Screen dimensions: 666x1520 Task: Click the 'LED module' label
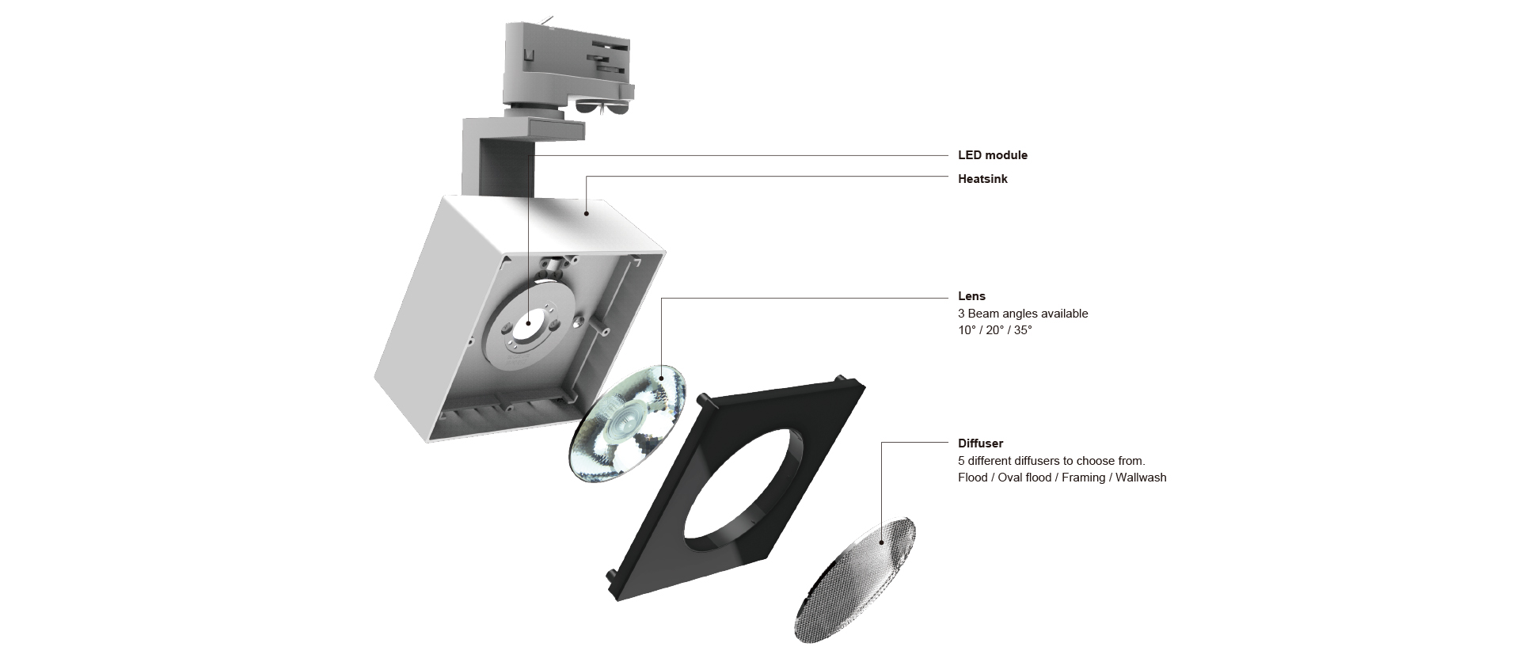[992, 155]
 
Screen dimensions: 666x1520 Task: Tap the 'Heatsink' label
[982, 179]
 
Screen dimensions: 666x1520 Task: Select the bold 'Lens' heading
[971, 296]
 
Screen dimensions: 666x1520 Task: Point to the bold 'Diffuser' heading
[980, 443]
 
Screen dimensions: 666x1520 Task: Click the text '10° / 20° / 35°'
[994, 330]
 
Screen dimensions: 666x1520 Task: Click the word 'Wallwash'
[1141, 478]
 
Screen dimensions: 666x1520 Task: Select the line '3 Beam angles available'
[1023, 314]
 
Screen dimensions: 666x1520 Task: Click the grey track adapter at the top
[566, 67]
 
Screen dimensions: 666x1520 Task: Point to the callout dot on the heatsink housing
[586, 212]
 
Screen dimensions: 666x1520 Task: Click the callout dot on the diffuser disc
[882, 542]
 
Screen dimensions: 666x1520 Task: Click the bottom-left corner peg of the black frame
[610, 573]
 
